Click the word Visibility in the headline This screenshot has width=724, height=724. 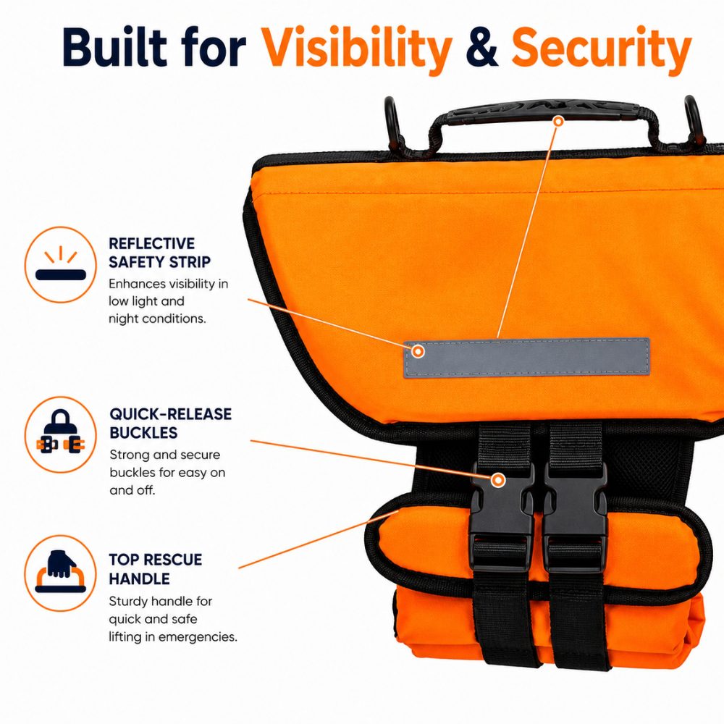[356, 49]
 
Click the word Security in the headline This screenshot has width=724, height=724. [601, 49]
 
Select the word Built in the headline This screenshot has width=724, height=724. [114, 47]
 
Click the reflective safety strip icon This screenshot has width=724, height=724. [61, 264]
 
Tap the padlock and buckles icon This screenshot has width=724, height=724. [61, 434]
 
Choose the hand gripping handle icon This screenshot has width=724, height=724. [61, 573]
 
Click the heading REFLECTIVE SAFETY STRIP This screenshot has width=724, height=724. [159, 253]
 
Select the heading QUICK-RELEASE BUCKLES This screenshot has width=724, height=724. [170, 423]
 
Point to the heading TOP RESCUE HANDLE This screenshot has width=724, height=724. [155, 569]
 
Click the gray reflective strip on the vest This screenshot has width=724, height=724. [526, 358]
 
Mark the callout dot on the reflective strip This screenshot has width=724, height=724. [418, 351]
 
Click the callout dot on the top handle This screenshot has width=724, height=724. [559, 122]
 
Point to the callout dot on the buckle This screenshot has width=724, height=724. [498, 480]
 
